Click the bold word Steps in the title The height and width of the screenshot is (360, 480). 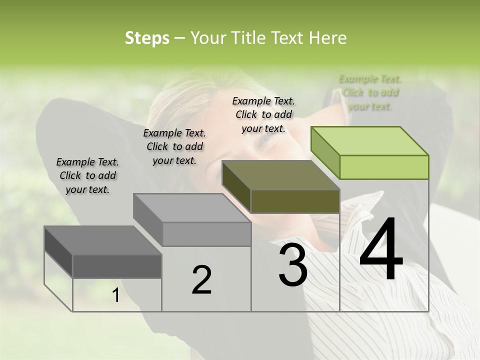coord(147,38)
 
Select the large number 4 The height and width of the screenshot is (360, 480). coord(381,249)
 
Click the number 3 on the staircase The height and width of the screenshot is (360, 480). coord(292,265)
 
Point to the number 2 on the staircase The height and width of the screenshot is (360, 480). coord(201,280)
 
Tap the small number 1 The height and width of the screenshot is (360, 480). coord(116,295)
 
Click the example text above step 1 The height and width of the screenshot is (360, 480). coord(87,175)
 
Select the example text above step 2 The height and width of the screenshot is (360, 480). coord(174,146)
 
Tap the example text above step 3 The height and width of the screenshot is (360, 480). coord(263,114)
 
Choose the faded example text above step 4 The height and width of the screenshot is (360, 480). coord(370,92)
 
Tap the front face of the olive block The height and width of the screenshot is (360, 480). coord(295,201)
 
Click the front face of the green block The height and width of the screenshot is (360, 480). coord(384,167)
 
